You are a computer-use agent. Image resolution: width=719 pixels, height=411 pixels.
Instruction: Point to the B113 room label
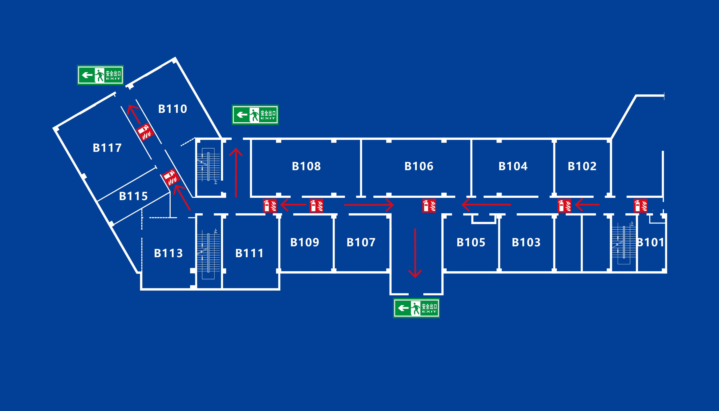pos(168,253)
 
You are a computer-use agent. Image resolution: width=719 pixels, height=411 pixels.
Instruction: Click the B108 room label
pos(306,166)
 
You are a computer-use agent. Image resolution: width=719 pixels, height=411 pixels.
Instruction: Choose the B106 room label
pos(419,166)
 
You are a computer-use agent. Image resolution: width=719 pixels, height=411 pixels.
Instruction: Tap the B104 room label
pos(513,166)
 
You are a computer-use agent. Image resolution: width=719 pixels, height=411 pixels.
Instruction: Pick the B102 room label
pos(582,166)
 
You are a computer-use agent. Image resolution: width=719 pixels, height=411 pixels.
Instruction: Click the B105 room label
pos(471,242)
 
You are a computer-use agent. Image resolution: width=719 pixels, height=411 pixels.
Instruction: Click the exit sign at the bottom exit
pos(416,308)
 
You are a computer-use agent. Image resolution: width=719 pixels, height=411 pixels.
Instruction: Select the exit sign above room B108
pos(255,115)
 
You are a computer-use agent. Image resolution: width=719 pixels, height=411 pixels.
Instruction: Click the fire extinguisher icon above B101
pos(641,205)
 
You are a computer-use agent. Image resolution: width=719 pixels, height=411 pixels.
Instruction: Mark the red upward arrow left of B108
pos(236,172)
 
